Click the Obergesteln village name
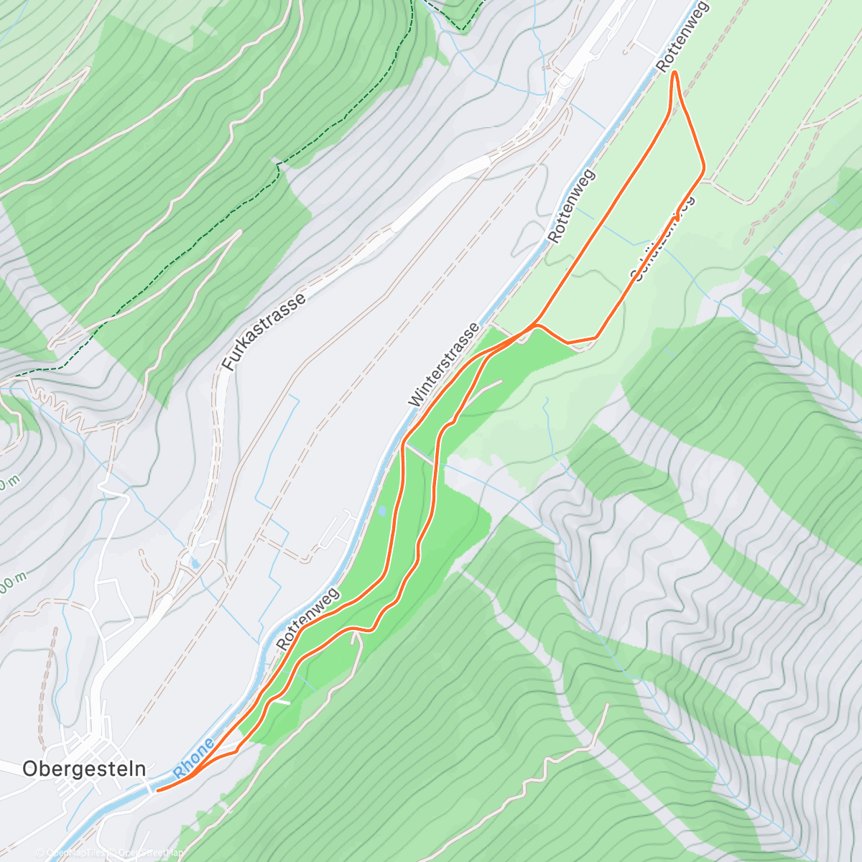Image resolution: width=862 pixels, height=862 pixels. [84, 769]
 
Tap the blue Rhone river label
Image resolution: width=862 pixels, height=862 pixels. [195, 759]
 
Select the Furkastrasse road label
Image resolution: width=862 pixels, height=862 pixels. [264, 331]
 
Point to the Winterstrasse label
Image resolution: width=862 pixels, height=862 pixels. [443, 366]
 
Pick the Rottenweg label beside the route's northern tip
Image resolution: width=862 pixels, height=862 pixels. [682, 36]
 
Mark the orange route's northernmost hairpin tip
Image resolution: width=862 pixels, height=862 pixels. [675, 74]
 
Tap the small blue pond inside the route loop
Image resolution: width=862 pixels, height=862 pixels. [381, 511]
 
